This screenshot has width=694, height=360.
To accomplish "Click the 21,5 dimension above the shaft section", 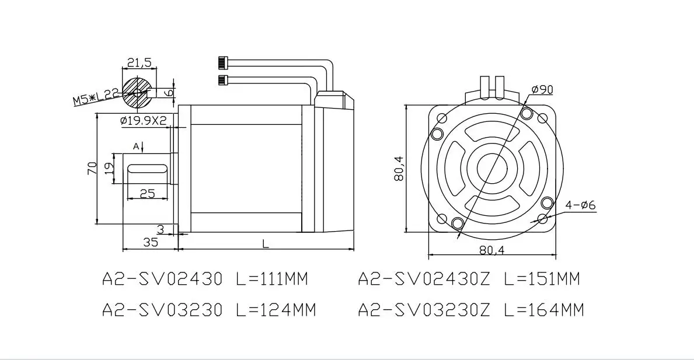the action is click(140, 62).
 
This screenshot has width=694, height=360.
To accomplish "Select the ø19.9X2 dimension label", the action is click(144, 120).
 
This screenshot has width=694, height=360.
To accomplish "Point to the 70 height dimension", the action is click(92, 168).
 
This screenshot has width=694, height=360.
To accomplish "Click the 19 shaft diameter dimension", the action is click(109, 167).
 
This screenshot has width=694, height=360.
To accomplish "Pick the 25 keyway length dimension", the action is click(148, 193).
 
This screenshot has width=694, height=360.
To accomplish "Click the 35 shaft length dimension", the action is click(151, 242).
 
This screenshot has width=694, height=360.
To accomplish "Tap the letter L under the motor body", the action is click(266, 244).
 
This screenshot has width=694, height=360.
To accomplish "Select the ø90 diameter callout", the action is click(541, 90).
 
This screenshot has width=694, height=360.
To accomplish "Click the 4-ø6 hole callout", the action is click(581, 205).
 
